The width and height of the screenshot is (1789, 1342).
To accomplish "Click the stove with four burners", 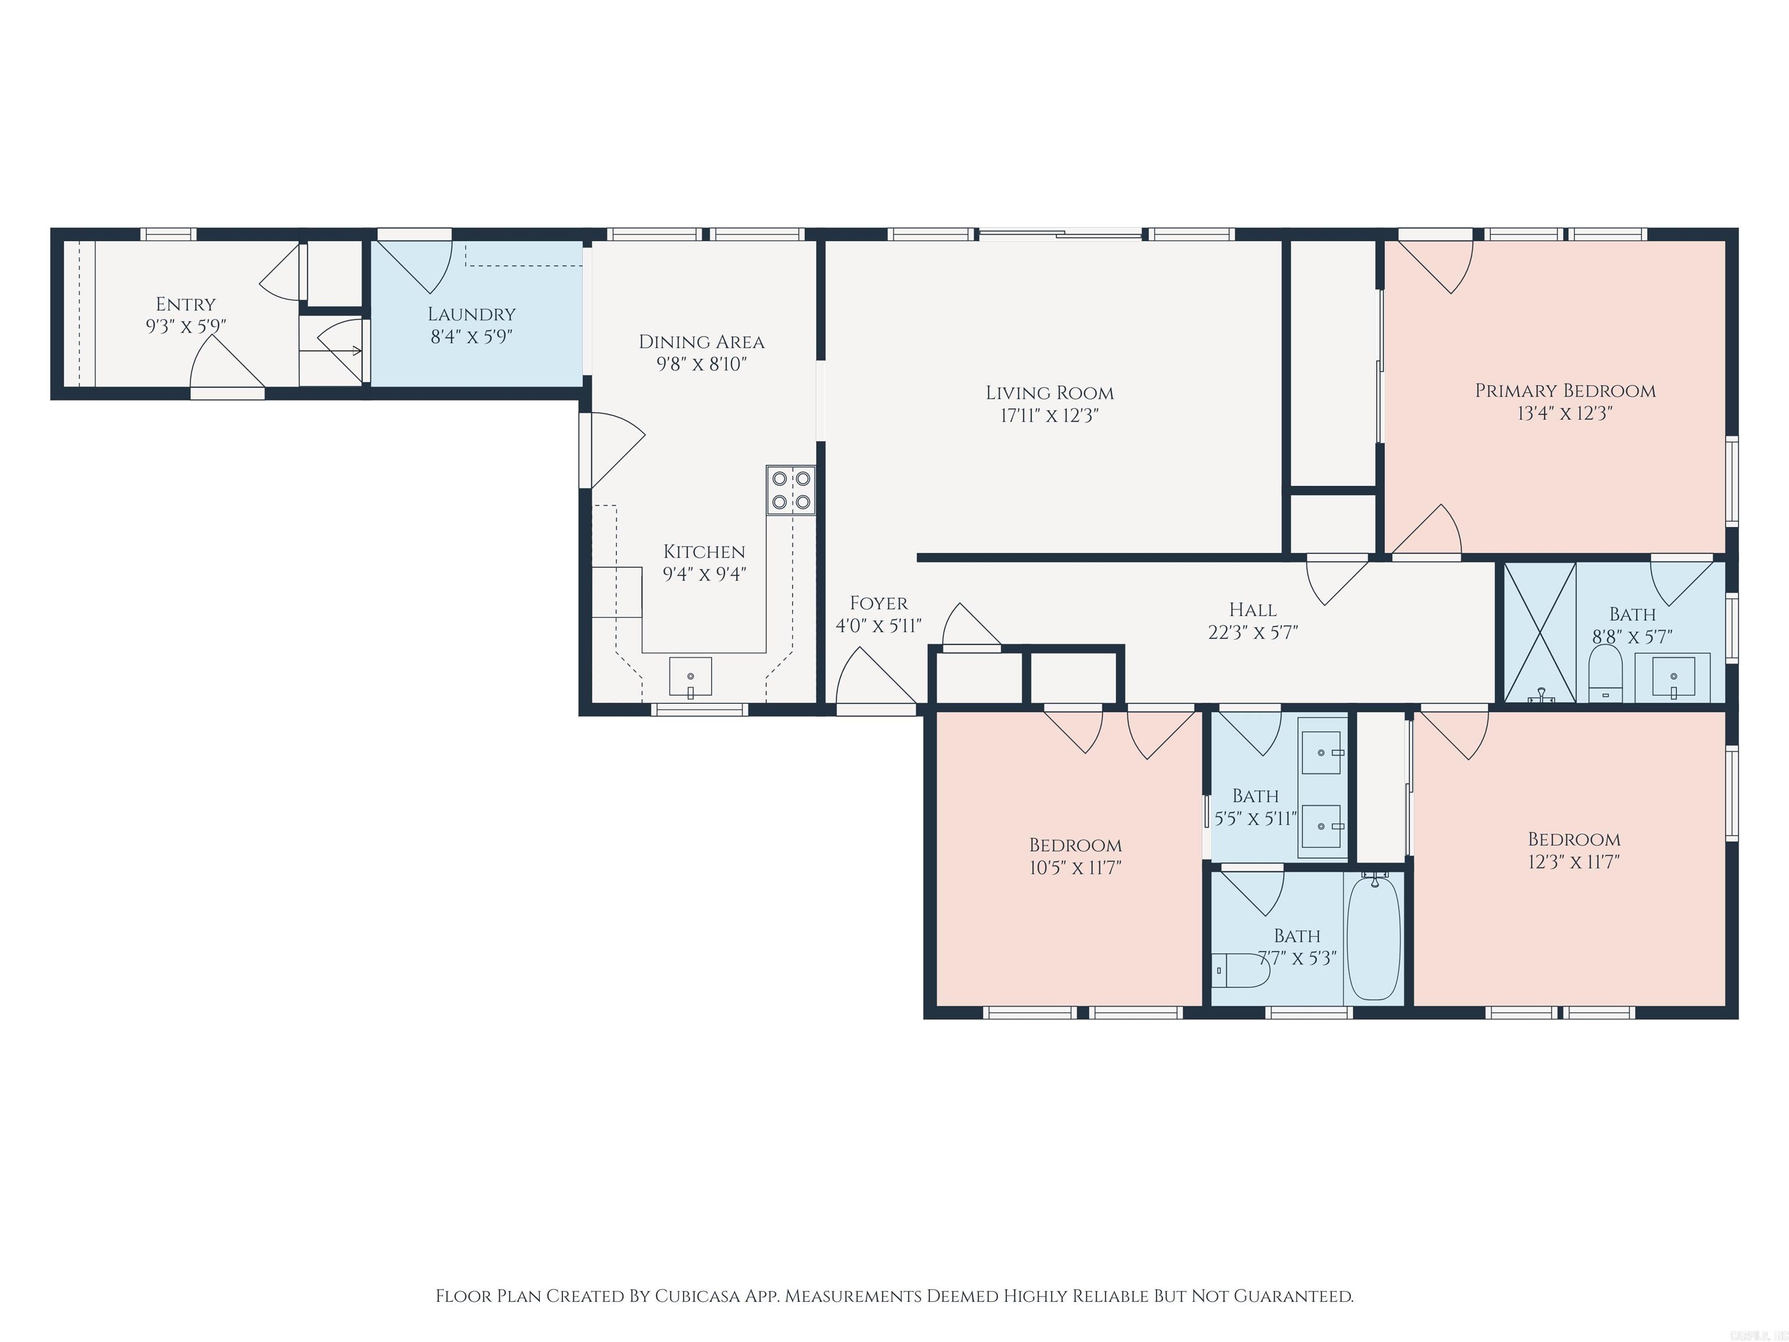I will (791, 490).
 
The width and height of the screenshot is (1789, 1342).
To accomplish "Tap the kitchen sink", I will (690, 677).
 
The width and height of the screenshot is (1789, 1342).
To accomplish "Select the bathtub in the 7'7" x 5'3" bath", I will (1374, 938).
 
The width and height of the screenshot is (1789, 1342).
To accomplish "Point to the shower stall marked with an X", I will (1539, 631).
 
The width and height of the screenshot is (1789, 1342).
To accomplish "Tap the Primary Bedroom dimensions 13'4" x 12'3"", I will (1565, 414).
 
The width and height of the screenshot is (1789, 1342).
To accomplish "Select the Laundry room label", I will (472, 314).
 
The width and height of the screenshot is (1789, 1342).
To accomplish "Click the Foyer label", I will (878, 603).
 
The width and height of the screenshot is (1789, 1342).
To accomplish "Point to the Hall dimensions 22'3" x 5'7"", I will (1253, 633).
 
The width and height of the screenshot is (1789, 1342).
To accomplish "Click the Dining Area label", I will (701, 342).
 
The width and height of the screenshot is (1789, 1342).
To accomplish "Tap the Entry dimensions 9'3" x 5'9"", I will (185, 326).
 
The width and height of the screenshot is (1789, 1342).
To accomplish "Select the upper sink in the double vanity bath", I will (1321, 753).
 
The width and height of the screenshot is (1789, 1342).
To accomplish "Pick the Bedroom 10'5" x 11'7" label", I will (1075, 845).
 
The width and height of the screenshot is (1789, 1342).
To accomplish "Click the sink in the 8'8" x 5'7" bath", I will (1672, 676).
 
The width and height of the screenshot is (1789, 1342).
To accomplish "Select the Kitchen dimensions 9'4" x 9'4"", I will (703, 574).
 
